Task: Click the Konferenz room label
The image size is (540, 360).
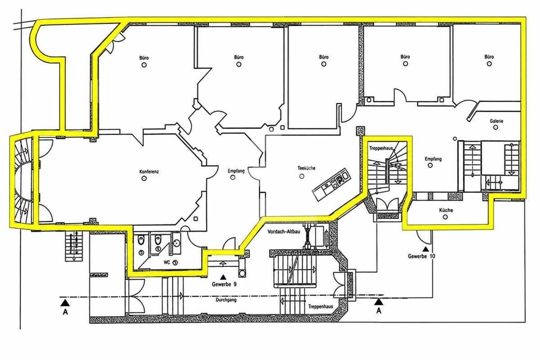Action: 149,172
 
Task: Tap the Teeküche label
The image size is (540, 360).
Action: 306,168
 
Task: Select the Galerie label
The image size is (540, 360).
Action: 496,121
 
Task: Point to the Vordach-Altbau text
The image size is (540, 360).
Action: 284,231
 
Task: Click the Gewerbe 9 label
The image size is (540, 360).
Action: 224,284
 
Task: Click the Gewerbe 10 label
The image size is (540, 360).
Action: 422,256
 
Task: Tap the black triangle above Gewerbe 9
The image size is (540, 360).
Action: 223,277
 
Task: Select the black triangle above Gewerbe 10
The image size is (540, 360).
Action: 426,248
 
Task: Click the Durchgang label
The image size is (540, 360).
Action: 226,300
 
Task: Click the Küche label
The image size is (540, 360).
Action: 446,210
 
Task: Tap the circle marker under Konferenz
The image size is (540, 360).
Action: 144,179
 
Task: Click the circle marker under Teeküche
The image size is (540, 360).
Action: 301,176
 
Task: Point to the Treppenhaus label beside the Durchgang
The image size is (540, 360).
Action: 320,306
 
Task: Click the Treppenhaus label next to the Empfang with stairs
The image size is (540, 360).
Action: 381,148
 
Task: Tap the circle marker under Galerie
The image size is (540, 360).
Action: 495,127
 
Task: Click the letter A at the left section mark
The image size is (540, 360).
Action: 65,312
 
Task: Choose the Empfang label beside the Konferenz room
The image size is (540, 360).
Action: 236,171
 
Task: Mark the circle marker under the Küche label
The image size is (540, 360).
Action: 445,217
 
